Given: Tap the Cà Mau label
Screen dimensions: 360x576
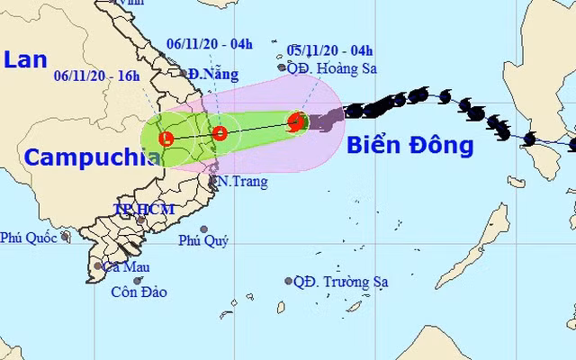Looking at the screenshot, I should pos(126,266).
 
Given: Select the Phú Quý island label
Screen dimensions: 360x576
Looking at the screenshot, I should pos(203,240).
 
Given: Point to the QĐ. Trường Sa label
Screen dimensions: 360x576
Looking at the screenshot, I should pos(341,282).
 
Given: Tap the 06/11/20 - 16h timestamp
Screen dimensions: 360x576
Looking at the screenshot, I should pos(96,76).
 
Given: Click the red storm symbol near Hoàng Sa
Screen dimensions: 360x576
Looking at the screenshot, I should pos(294,124).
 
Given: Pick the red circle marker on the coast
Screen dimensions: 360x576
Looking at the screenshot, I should pos(219,134).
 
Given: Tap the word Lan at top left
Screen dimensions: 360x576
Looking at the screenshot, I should pos(24,60).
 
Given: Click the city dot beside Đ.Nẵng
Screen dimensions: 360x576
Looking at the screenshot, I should pos(183,74).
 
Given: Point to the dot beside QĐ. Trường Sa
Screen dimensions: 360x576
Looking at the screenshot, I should pos(288,281).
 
